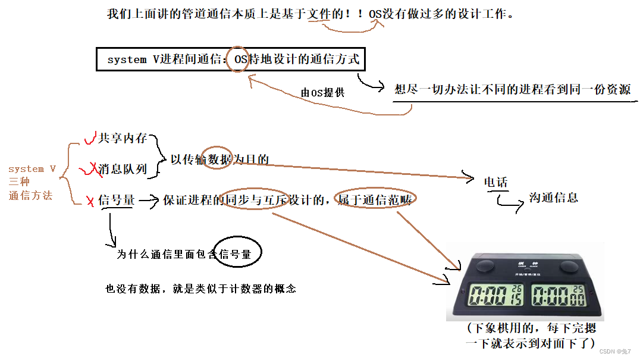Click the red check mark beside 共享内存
pyautogui.click(x=90, y=138)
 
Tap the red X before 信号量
pyautogui.click(x=90, y=201)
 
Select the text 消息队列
pyautogui.click(x=123, y=168)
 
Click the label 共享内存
pyautogui.click(x=123, y=138)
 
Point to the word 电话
pyautogui.click(x=495, y=182)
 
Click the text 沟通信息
pyautogui.click(x=554, y=198)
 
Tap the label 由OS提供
pyautogui.click(x=322, y=93)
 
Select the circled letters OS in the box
pyautogui.click(x=241, y=60)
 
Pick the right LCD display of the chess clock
pyautogui.click(x=559, y=295)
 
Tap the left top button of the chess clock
pyautogui.click(x=485, y=266)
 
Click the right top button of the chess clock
pyautogui.click(x=569, y=267)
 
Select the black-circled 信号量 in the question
pyautogui.click(x=235, y=254)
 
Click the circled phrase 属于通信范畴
pyautogui.click(x=375, y=199)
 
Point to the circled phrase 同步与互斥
pyautogui.click(x=256, y=199)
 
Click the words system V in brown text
pyautogui.click(x=32, y=169)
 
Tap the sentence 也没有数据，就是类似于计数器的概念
pyautogui.click(x=201, y=289)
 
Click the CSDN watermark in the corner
pyautogui.click(x=615, y=352)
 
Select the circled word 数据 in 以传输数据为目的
pyautogui.click(x=219, y=159)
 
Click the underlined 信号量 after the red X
pyautogui.click(x=117, y=200)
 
